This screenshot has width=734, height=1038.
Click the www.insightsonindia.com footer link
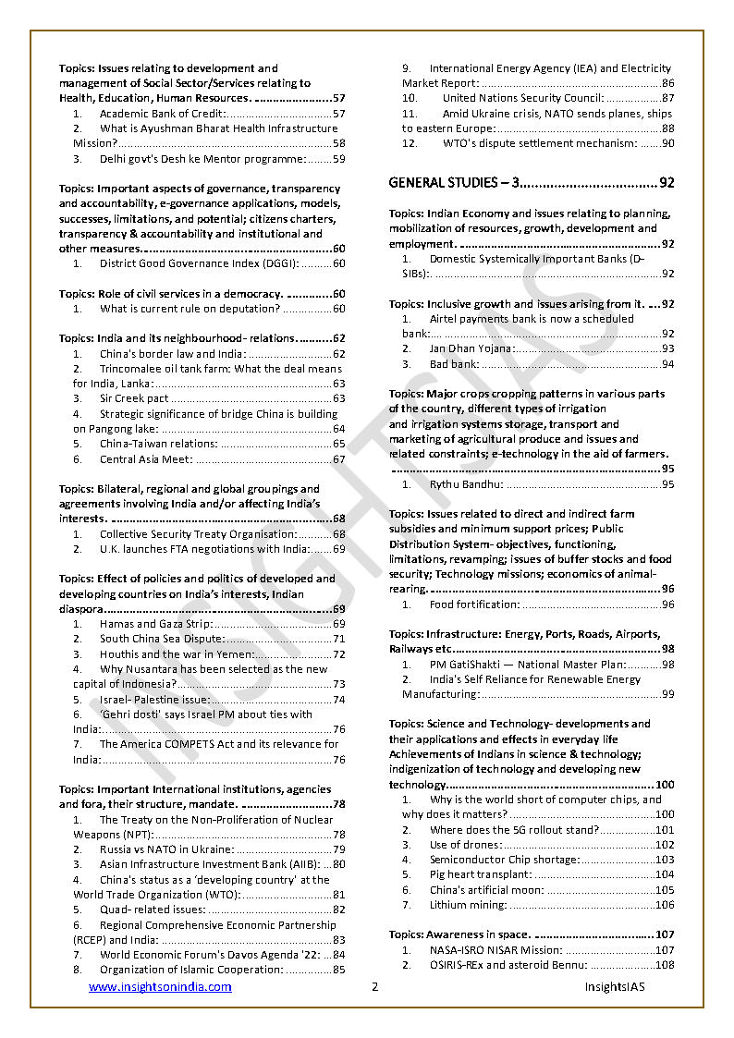tap(160, 986)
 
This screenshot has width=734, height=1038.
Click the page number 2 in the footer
tap(374, 986)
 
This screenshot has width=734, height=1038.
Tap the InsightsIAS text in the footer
tap(614, 986)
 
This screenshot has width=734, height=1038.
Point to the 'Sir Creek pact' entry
tap(134, 398)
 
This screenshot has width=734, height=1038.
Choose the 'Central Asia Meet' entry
tap(146, 459)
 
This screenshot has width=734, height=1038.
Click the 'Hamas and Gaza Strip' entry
tap(156, 624)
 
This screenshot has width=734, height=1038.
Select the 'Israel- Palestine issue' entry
tap(154, 700)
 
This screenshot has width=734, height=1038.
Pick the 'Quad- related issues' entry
tap(153, 910)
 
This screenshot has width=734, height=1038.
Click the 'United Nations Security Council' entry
tap(522, 98)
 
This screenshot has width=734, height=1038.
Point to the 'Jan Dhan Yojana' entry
tap(471, 348)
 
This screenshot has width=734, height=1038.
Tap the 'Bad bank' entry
tap(451, 363)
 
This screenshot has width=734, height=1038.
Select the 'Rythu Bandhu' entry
tap(466, 483)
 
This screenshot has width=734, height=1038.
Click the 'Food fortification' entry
tap(474, 604)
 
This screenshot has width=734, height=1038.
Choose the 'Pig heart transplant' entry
tap(481, 874)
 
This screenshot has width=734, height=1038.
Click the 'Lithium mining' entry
tap(468, 905)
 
